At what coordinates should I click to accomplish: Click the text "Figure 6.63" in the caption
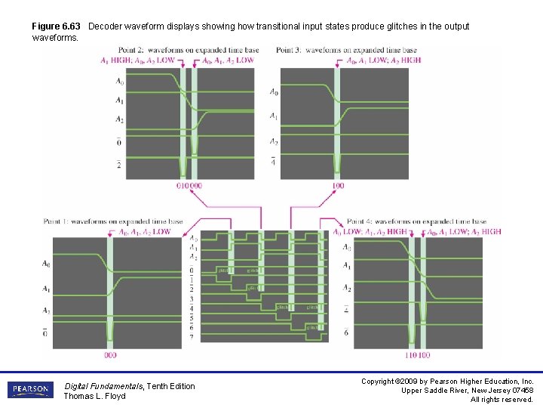pos(56,26)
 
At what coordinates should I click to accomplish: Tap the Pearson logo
pos(30,391)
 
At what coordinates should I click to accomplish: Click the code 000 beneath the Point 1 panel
pos(110,354)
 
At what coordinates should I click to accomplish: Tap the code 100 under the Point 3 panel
pos(338,185)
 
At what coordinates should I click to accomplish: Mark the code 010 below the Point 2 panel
pos(183,185)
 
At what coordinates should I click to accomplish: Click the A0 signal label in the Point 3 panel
pos(273,92)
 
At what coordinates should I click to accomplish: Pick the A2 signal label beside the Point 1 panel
pos(46,311)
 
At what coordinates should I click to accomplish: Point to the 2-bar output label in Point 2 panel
pos(119,165)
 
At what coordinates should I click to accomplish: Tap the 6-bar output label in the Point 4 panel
pos(346,332)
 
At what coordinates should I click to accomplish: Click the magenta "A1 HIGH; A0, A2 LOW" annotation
pos(138,60)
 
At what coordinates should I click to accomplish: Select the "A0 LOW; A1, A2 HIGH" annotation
pos(370,232)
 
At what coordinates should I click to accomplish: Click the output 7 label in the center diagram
pos(192,335)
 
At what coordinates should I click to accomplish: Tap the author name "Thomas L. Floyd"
pos(94,397)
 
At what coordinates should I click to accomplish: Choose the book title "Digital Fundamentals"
pos(103,386)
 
